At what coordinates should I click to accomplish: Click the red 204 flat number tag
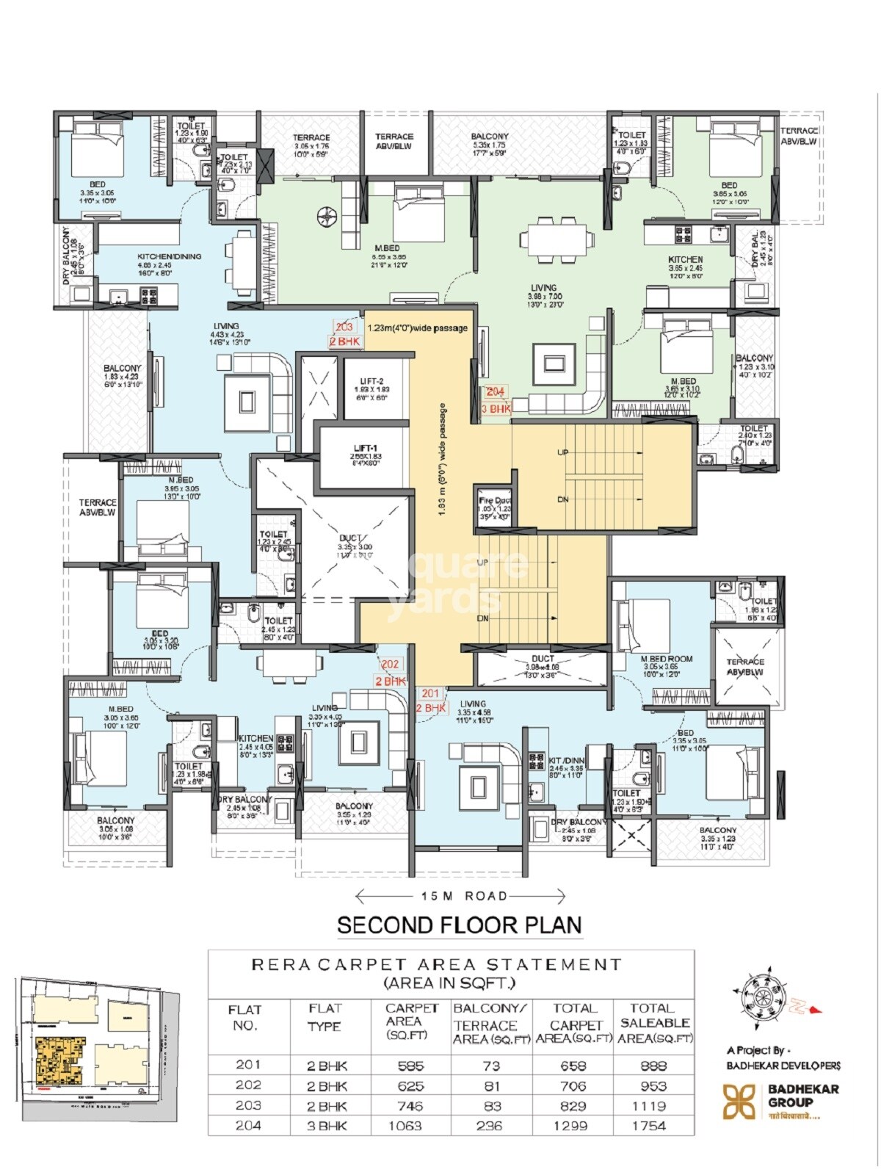(x=496, y=392)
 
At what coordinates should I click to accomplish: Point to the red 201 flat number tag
(x=430, y=693)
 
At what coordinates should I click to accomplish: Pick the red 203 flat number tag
(x=344, y=327)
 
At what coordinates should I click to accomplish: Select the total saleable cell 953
(x=653, y=1086)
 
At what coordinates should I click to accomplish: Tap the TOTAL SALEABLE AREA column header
(x=654, y=1023)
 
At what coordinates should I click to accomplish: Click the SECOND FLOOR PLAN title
(x=460, y=925)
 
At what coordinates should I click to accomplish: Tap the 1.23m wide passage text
(x=418, y=328)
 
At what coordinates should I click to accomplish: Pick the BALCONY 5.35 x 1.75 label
(x=489, y=141)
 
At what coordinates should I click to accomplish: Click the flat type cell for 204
(x=327, y=1126)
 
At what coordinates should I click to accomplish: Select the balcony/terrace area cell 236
(x=489, y=1126)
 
